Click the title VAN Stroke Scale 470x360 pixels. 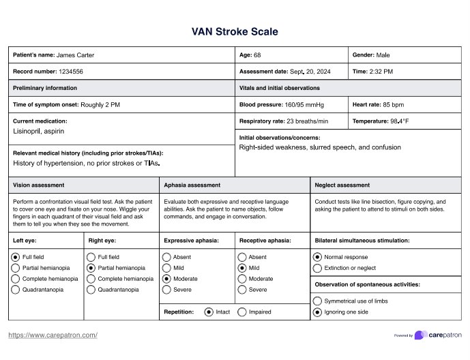(235, 32)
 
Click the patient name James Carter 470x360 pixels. (75, 55)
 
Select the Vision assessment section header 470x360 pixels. (39, 185)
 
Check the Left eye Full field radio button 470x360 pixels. (16, 257)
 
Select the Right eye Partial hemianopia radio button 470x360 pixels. (91, 268)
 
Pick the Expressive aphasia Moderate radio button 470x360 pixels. (166, 279)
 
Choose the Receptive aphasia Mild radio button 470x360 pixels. (242, 268)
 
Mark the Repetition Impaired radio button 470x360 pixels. (242, 312)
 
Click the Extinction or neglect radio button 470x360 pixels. (317, 268)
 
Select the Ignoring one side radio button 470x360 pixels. (317, 312)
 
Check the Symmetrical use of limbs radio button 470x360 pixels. (317, 301)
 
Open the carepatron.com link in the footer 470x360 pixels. (53, 335)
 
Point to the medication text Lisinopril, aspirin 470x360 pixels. (39, 130)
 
